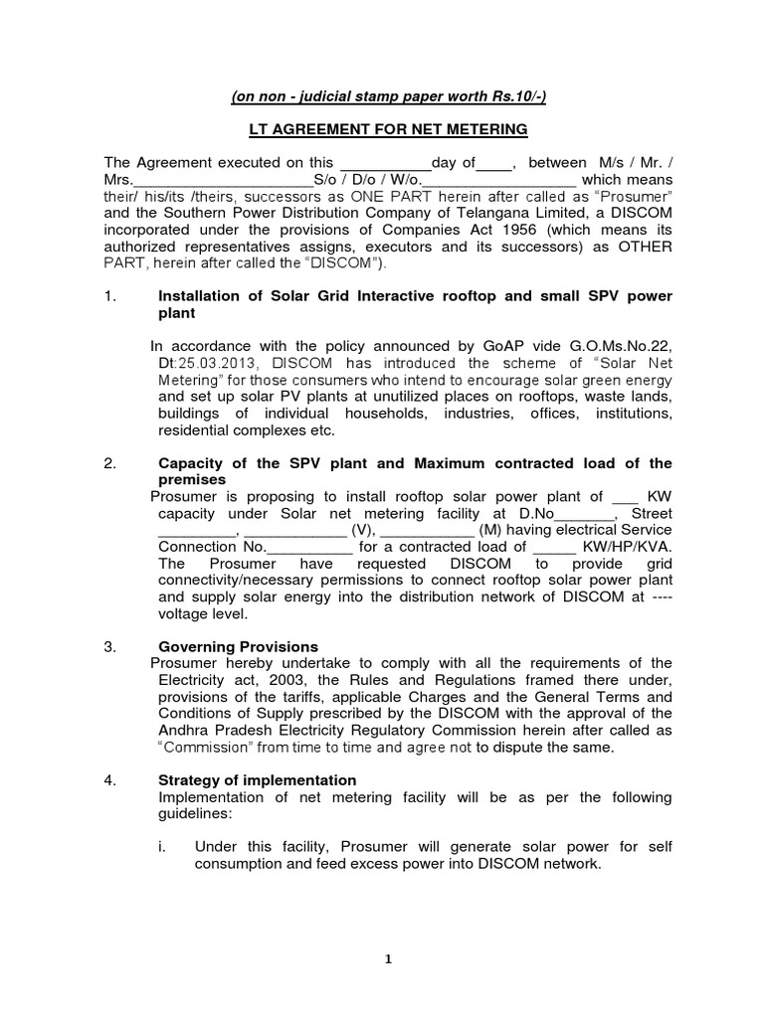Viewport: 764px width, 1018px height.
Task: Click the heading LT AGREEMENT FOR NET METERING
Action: click(387, 130)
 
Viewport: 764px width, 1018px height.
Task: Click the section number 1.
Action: click(110, 296)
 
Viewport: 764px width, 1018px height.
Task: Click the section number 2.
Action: click(110, 463)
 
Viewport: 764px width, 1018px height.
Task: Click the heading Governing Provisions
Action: click(239, 646)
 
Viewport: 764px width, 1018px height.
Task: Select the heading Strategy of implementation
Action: click(258, 780)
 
